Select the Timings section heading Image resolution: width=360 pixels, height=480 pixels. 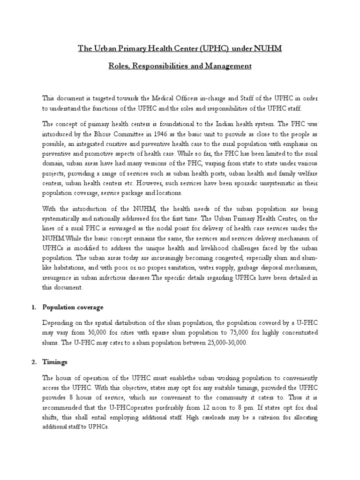click(x=56, y=362)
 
